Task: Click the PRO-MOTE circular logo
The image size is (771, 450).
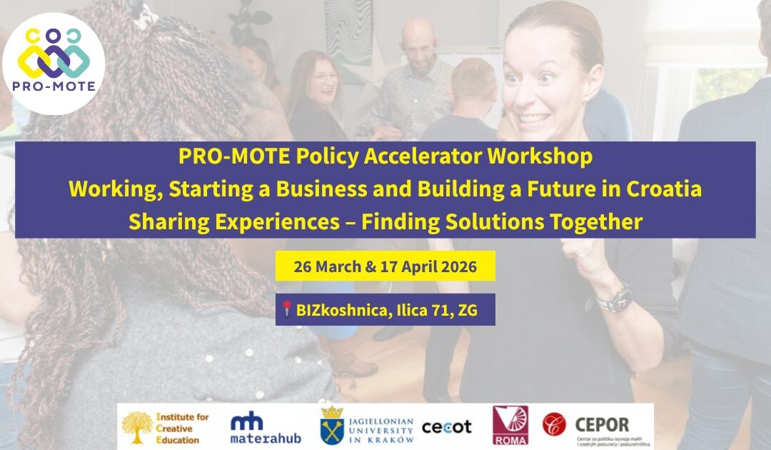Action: click(54, 64)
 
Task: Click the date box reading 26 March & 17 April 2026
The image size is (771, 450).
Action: click(385, 266)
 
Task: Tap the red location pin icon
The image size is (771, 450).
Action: click(287, 309)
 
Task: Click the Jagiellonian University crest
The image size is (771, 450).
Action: click(331, 426)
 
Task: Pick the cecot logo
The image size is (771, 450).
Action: click(447, 426)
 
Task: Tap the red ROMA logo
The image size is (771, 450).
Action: click(510, 426)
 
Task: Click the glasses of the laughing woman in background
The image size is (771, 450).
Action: click(324, 77)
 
